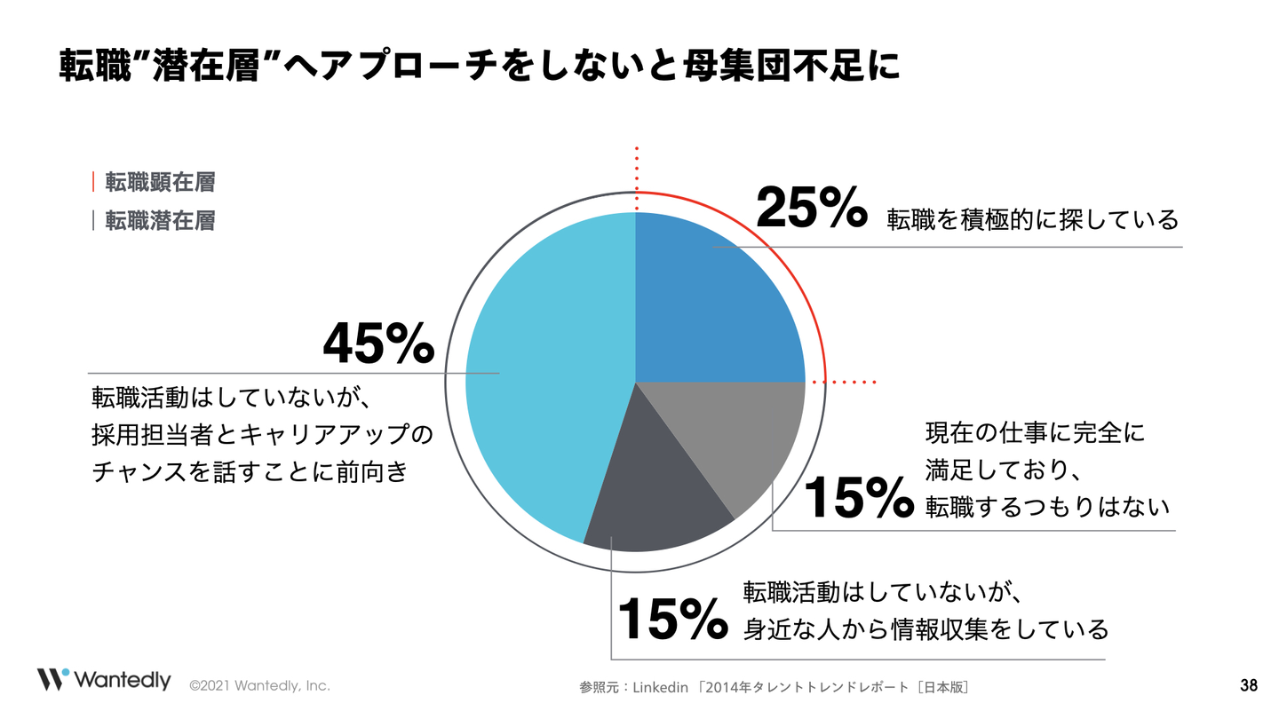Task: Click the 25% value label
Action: [x=810, y=207]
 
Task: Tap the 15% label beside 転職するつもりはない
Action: [x=858, y=498]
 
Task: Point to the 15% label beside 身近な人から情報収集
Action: [x=671, y=618]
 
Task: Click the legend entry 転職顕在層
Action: [x=160, y=183]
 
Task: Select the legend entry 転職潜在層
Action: [x=160, y=220]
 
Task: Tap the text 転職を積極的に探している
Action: [x=1032, y=218]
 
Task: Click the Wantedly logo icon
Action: [x=52, y=679]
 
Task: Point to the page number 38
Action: [x=1248, y=685]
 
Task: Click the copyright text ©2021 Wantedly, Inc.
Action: [x=259, y=685]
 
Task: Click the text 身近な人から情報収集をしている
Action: [x=925, y=628]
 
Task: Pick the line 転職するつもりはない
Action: [x=1047, y=505]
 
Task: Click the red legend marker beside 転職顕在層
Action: [x=93, y=183]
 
